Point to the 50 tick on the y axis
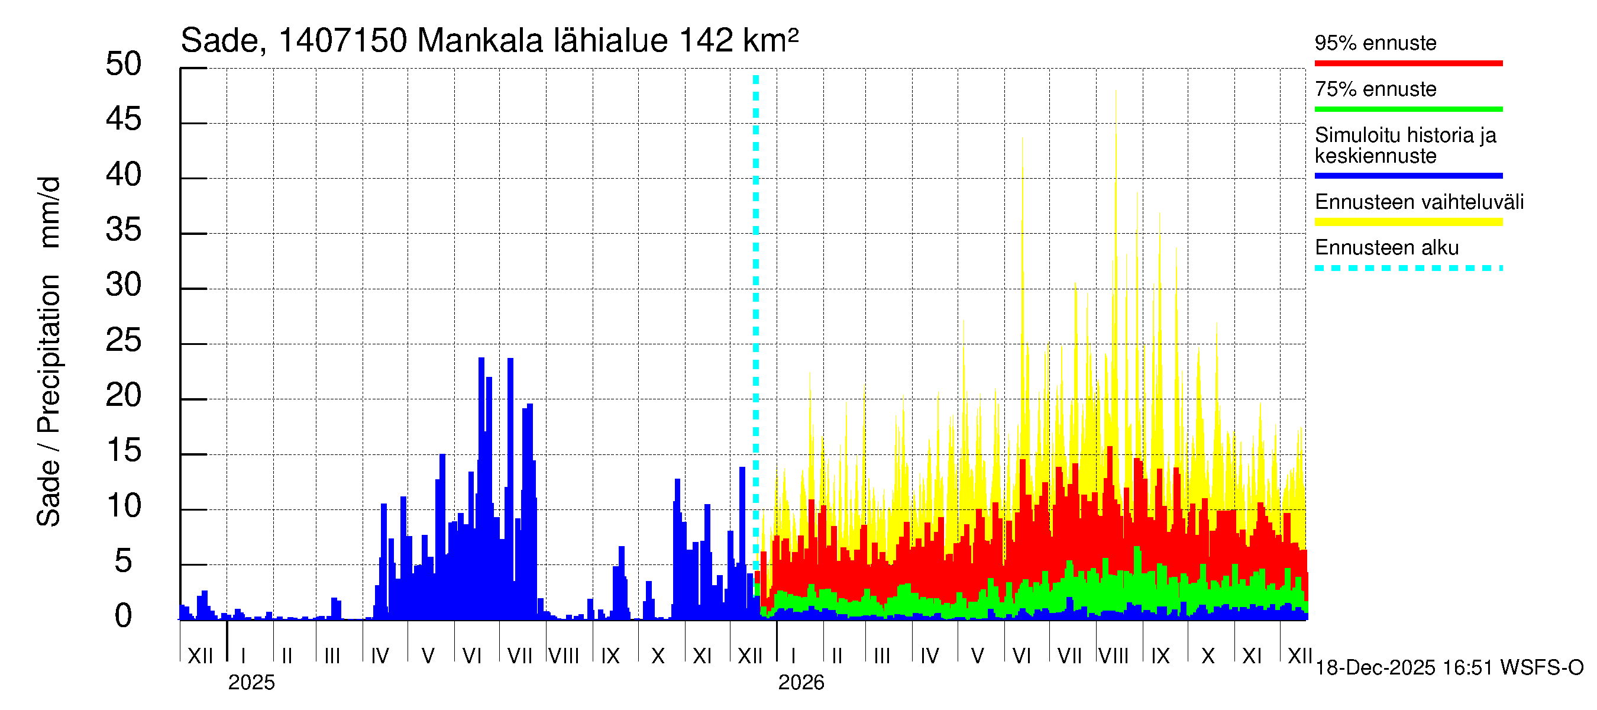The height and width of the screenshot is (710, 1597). pyautogui.click(x=124, y=64)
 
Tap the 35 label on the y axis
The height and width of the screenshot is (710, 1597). pyautogui.click(x=124, y=230)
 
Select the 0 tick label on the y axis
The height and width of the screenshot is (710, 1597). pyautogui.click(x=124, y=616)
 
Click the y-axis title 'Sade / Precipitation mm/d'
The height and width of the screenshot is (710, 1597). pyautogui.click(x=49, y=351)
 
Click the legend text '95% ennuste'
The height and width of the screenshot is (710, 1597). pyautogui.click(x=1375, y=43)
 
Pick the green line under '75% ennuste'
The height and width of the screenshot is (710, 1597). pyautogui.click(x=1408, y=109)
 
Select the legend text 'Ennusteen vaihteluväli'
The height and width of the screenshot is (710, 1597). pyautogui.click(x=1419, y=202)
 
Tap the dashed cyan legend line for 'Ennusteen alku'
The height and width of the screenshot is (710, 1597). pyautogui.click(x=1408, y=269)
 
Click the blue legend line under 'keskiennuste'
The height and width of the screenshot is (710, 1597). pyautogui.click(x=1408, y=176)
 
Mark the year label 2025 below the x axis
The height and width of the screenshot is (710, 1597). pyautogui.click(x=251, y=683)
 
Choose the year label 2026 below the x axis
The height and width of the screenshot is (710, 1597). pyautogui.click(x=801, y=683)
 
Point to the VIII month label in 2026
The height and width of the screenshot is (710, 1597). pyautogui.click(x=1113, y=656)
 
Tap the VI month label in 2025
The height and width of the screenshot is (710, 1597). pyautogui.click(x=472, y=656)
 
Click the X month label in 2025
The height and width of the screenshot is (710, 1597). pyautogui.click(x=658, y=656)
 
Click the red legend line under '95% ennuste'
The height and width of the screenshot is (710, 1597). pyautogui.click(x=1408, y=63)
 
